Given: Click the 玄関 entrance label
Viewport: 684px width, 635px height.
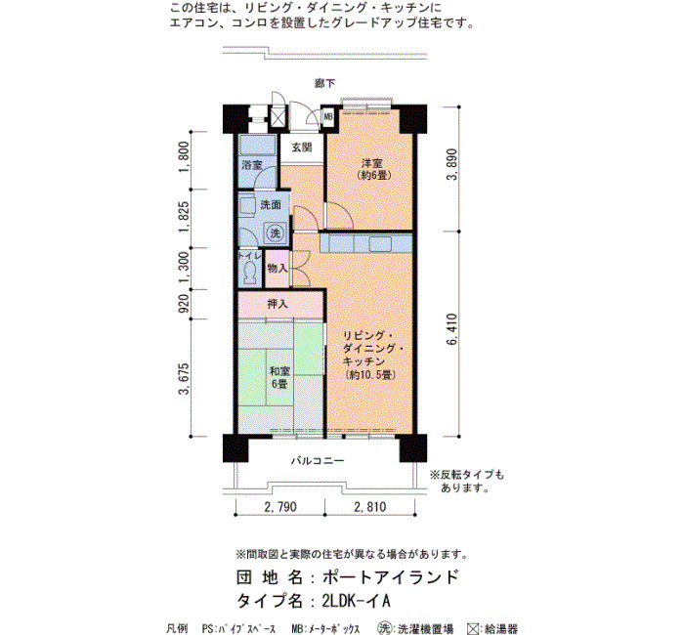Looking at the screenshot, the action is click(x=301, y=148).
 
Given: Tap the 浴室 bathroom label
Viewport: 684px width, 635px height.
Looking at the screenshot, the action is click(x=252, y=165).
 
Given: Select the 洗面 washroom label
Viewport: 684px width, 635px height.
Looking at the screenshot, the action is click(x=271, y=204).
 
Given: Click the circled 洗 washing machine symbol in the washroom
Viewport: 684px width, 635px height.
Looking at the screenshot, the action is click(x=276, y=233).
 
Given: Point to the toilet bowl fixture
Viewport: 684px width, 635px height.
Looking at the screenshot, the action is click(x=250, y=272).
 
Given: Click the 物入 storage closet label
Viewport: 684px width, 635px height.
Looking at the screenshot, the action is click(x=277, y=268).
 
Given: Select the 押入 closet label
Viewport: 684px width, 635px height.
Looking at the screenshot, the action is click(x=278, y=304).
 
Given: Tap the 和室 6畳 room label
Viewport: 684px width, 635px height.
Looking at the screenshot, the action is click(x=279, y=378).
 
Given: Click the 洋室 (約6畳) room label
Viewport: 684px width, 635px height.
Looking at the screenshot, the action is click(x=373, y=169).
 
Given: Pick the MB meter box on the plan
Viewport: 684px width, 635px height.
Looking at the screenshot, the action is click(x=328, y=117).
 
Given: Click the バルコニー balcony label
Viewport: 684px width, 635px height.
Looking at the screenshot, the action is click(x=318, y=460).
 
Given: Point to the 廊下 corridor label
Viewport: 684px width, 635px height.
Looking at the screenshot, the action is click(x=325, y=83).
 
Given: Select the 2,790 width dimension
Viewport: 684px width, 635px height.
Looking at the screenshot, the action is click(x=280, y=507).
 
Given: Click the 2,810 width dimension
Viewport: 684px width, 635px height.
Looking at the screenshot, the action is click(x=370, y=507).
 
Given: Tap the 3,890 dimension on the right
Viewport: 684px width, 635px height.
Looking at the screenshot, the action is click(x=452, y=164).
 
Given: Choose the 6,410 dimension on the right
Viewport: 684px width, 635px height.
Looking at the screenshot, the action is click(x=452, y=329).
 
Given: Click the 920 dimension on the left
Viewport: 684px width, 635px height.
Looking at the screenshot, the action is click(x=184, y=304).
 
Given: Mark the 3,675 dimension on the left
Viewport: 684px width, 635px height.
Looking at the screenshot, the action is click(x=184, y=379).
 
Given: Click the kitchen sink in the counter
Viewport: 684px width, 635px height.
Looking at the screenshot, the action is click(x=380, y=244).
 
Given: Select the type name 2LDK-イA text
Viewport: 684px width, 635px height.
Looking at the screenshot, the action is click(x=356, y=602).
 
